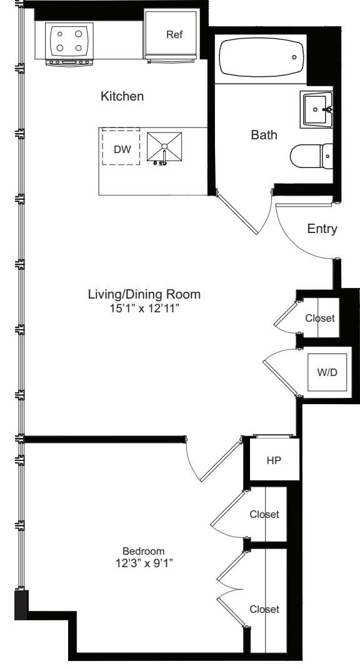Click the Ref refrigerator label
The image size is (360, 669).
tap(173, 35)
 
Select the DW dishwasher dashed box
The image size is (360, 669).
tap(121, 147)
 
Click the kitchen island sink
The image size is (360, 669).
tap(164, 147)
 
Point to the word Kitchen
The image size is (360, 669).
tap(122, 97)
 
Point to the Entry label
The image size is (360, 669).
tap(322, 229)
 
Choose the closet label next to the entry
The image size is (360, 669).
tap(320, 318)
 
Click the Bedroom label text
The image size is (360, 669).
tap(143, 551)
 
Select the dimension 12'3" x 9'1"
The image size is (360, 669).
tap(143, 563)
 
